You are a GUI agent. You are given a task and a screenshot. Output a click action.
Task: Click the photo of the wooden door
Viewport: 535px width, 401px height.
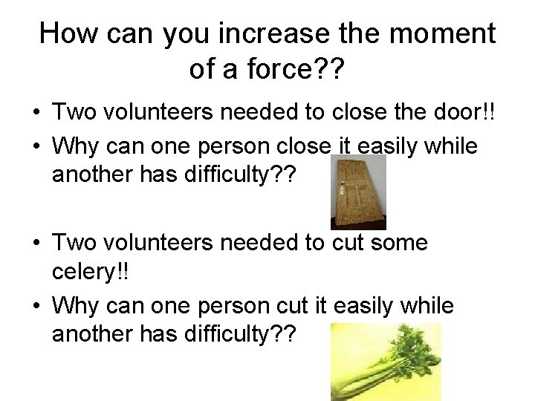358,191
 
